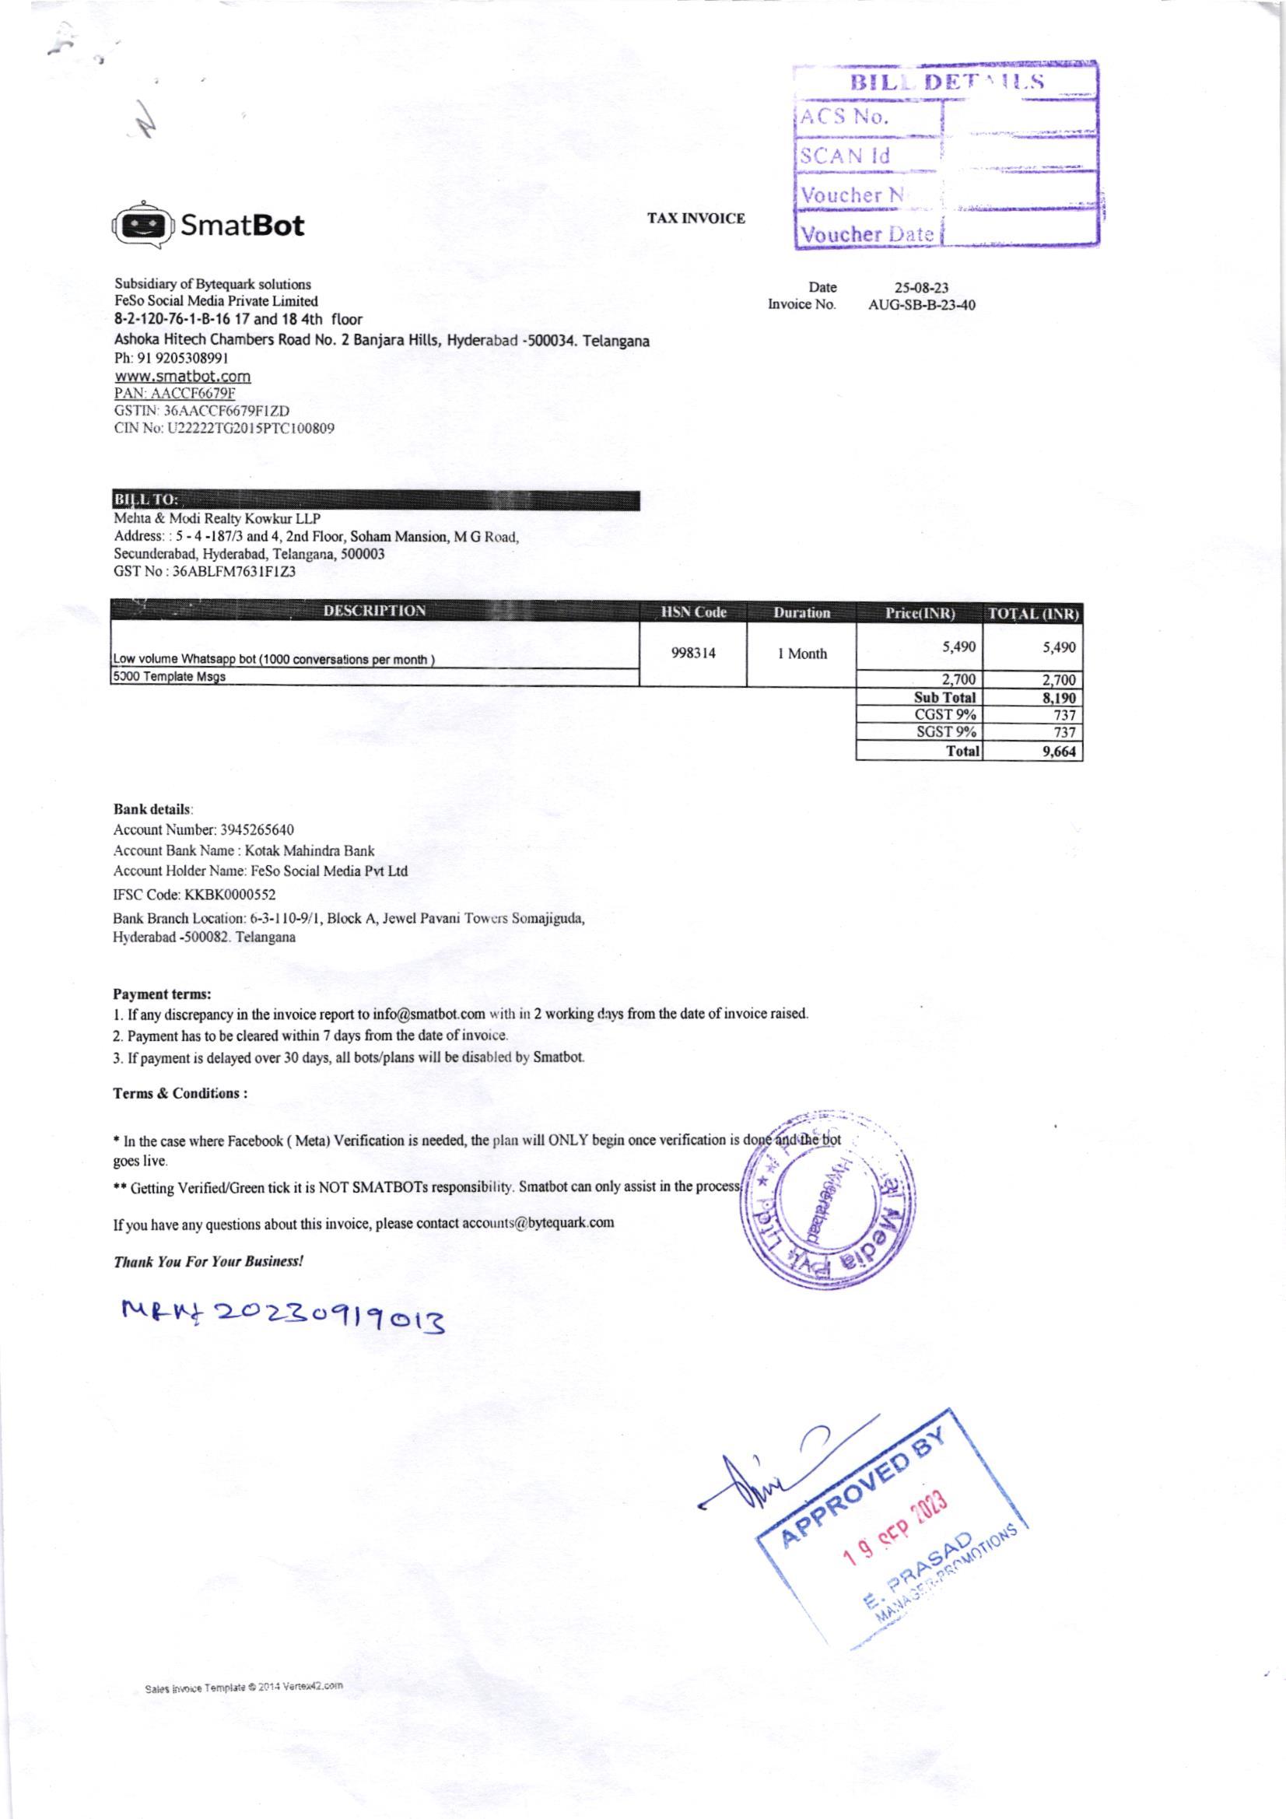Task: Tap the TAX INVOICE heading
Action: point(696,219)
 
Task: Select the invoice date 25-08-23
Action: point(921,289)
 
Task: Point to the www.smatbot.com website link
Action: point(182,377)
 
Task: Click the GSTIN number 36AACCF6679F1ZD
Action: point(202,411)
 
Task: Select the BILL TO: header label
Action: point(147,500)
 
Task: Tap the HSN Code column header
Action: point(693,612)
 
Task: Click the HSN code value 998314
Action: point(693,654)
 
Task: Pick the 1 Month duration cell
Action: point(802,654)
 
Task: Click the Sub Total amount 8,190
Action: point(1060,698)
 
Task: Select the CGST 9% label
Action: point(945,714)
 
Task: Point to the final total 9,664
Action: point(1060,751)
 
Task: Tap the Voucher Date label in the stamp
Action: point(866,234)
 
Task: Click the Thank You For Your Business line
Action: point(208,1260)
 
